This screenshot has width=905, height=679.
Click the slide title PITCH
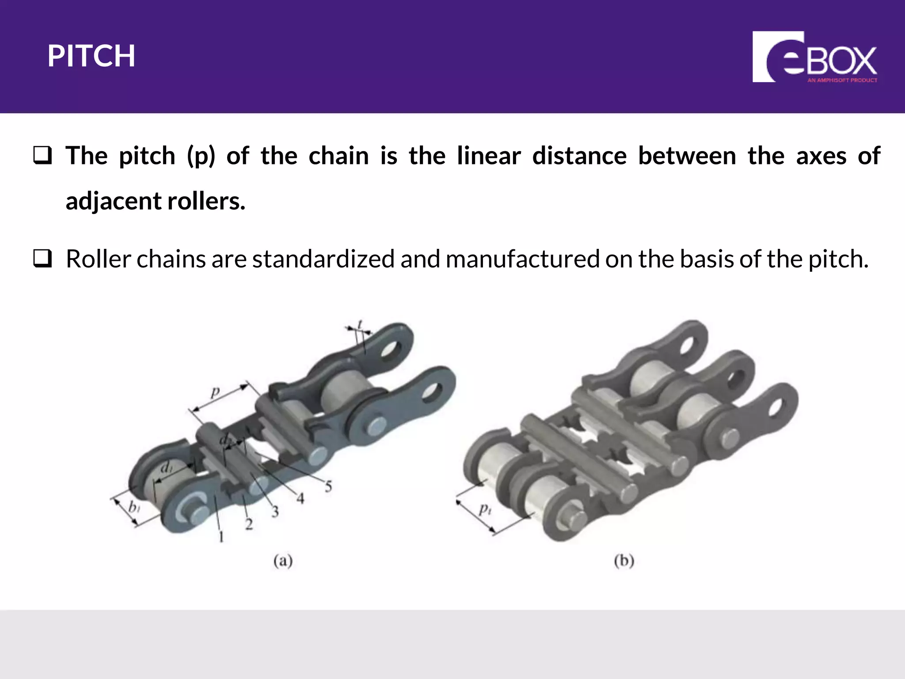coord(91,56)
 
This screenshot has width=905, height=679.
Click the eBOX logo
coord(814,57)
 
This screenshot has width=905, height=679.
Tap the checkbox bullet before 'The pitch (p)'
coord(42,156)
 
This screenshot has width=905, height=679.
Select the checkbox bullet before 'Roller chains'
coord(42,259)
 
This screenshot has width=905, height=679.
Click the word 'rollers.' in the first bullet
coord(206,201)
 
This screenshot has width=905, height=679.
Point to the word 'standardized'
coord(323,259)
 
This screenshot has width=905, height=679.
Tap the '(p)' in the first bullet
coord(201,156)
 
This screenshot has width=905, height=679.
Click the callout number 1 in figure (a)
coord(221,537)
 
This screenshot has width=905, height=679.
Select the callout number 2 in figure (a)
coord(249,524)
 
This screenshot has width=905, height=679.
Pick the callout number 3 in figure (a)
coord(275,512)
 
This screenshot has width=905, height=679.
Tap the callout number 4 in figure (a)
coord(300,499)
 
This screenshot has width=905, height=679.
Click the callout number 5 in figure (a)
coord(328,487)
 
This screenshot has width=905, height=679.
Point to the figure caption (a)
coord(283,561)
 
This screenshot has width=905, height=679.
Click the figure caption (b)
coord(624,561)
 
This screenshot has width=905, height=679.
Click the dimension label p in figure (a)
coord(215,392)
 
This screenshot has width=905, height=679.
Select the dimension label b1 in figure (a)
coord(134,507)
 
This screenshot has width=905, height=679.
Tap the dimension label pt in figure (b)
coord(485,509)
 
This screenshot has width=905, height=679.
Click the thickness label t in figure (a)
coord(360,324)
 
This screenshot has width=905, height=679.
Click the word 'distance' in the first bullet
coord(579,156)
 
